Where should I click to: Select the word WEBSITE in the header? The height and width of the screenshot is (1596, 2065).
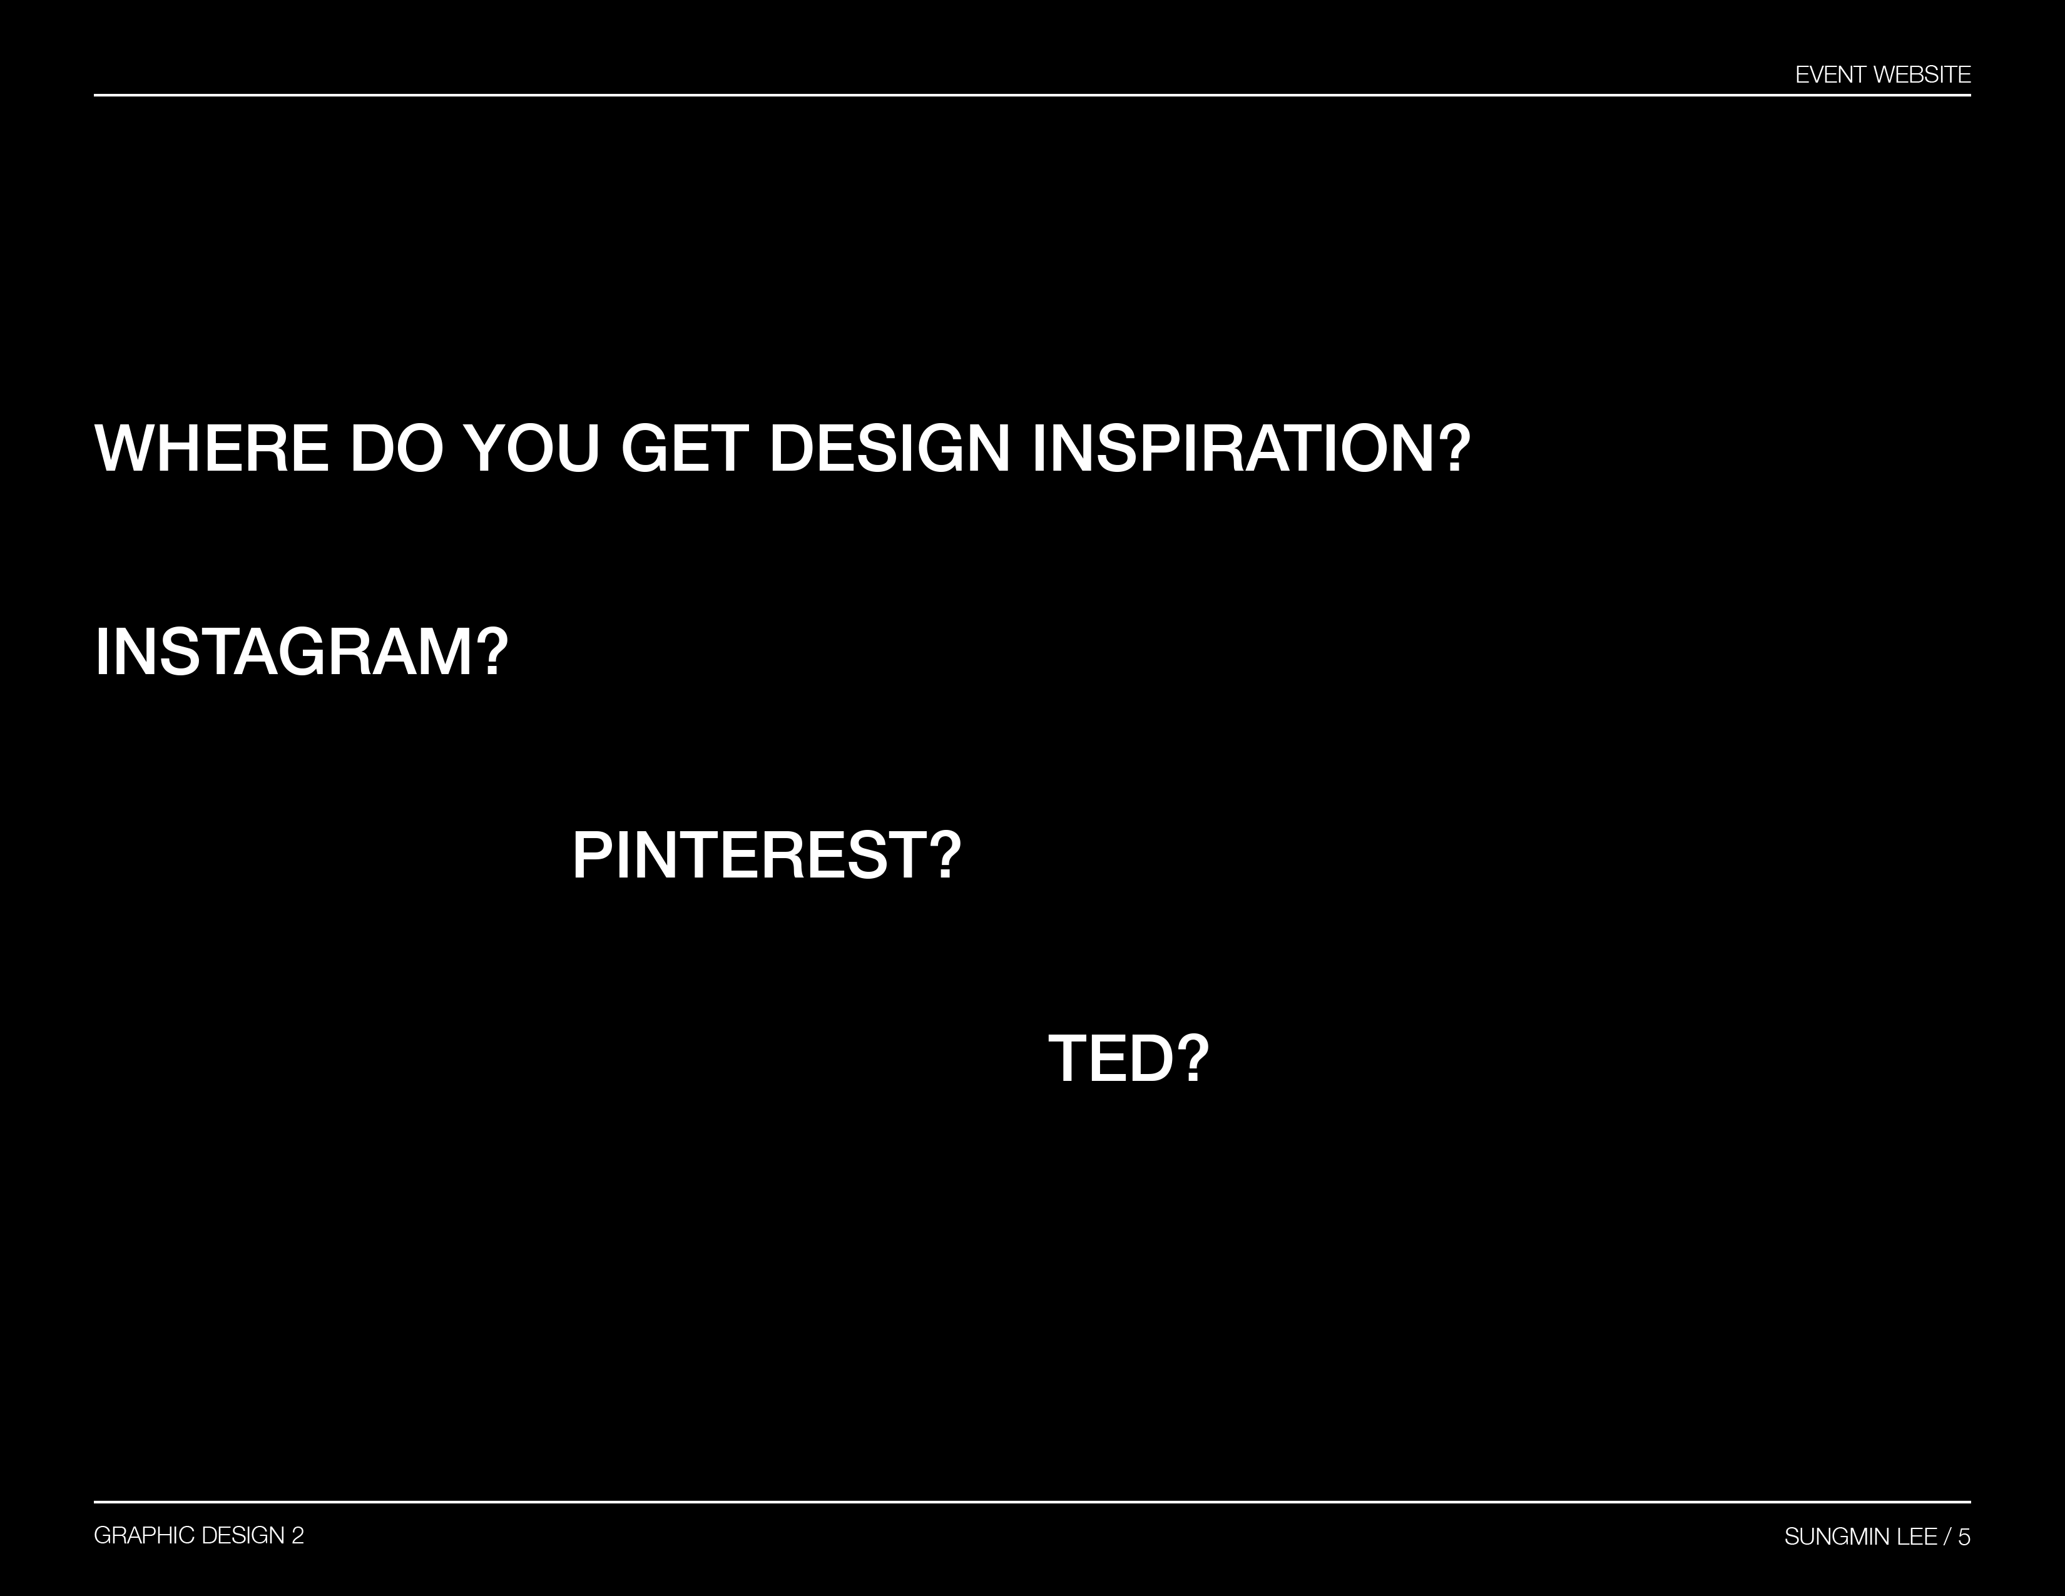(1921, 74)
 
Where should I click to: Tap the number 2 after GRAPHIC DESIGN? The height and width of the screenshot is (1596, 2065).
(298, 1535)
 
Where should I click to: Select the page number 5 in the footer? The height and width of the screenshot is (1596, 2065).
(1964, 1537)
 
